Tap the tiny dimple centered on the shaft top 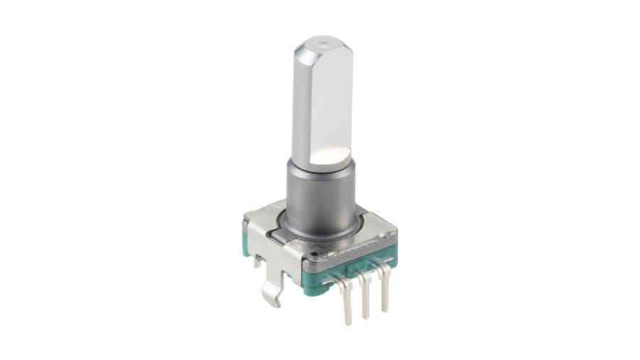coord(324,44)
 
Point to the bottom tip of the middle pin coord(366,315)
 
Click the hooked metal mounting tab coord(272,292)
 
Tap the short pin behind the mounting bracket coord(257,262)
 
